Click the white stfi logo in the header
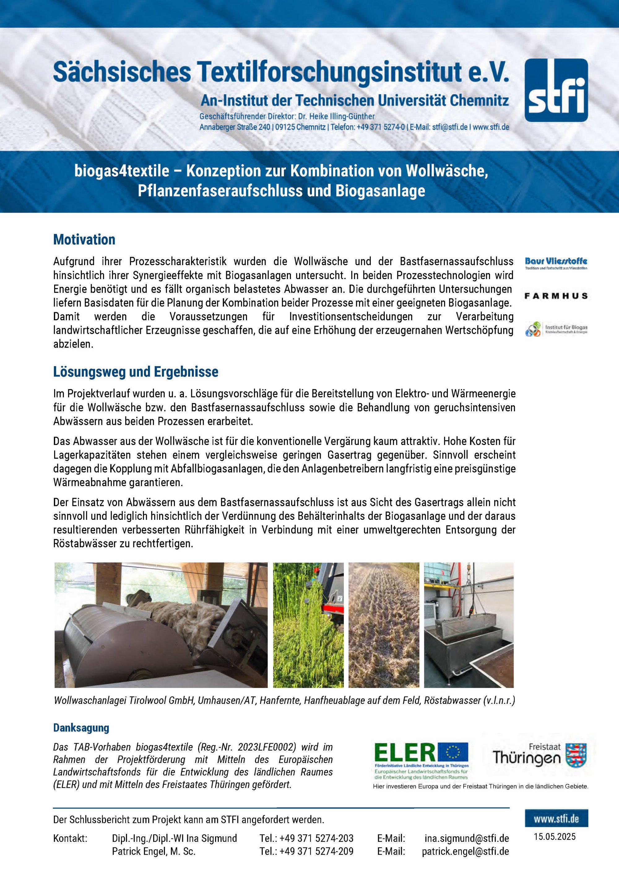[556, 90]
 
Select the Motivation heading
[84, 240]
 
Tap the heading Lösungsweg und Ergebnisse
[136, 372]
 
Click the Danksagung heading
[81, 727]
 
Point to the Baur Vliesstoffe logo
[556, 263]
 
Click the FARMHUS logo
[556, 296]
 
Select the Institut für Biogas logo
[556, 329]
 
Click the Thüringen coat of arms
[576, 755]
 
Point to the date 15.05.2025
[555, 837]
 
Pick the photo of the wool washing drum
[161, 625]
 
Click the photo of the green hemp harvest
[308, 625]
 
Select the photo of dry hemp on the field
[384, 625]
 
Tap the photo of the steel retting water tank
[469, 625]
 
